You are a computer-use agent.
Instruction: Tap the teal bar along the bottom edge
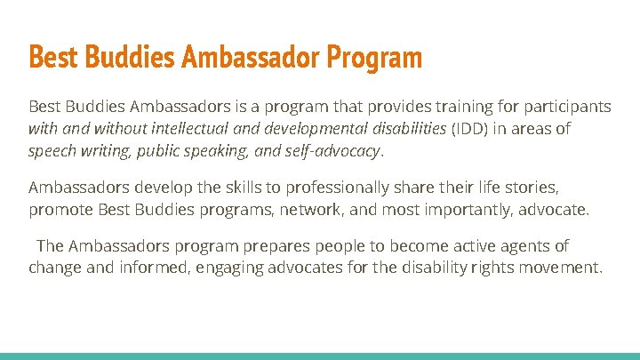320,356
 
